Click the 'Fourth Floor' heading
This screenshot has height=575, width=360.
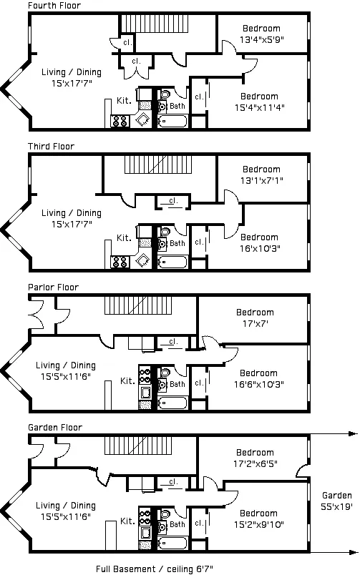pos(54,6)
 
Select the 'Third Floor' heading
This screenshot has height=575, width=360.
pos(51,147)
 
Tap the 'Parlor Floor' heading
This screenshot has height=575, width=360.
pos(53,287)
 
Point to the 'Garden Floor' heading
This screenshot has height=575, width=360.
pos(54,427)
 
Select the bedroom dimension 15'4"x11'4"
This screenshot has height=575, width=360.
pos(259,108)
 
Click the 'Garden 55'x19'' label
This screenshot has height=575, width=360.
pos(336,501)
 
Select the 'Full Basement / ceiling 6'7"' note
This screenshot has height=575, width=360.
pos(155,569)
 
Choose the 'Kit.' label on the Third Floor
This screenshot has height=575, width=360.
pos(124,238)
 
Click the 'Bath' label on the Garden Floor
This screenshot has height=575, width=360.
pos(177,524)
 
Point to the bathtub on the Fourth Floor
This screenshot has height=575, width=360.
pos(172,121)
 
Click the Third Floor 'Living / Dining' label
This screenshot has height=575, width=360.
pos(71,213)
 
